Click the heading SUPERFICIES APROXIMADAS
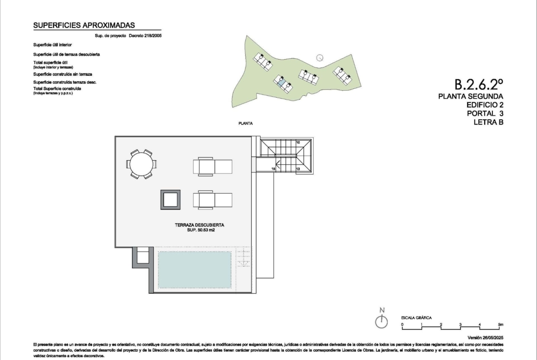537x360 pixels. coord(84,25)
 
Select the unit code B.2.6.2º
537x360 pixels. coord(479,84)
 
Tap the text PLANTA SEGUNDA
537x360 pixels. coord(470,96)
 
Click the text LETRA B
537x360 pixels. coord(488,122)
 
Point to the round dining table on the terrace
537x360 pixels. coord(141,164)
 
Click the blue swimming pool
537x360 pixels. coord(194,270)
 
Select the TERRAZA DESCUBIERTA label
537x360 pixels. coord(199,225)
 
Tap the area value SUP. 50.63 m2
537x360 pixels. coord(201,230)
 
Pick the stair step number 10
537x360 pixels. coord(298,142)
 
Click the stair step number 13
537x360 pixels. coord(298,169)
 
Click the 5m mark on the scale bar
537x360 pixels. coord(500,324)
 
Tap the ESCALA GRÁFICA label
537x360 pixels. coord(416,317)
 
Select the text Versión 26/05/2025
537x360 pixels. coord(485,338)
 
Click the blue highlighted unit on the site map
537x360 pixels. coord(281,83)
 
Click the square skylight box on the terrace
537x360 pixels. coord(170,200)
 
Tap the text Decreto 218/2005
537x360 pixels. coord(145,36)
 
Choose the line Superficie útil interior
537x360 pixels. coord(52,45)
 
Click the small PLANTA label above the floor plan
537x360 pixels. coord(246,123)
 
